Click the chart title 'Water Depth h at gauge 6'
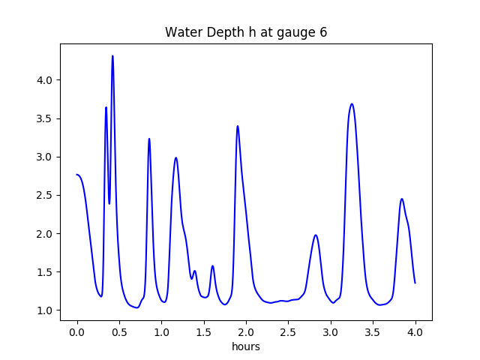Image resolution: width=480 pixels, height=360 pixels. click(x=246, y=33)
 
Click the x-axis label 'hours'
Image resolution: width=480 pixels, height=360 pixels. click(x=246, y=346)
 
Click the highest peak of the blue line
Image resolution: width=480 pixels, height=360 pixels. click(x=112, y=55)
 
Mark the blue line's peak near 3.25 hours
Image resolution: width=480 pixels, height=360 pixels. click(x=352, y=104)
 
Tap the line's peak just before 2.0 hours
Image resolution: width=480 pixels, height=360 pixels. click(x=238, y=126)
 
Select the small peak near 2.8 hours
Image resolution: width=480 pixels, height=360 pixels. click(x=316, y=235)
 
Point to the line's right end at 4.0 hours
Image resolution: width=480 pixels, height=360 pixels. click(x=415, y=283)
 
